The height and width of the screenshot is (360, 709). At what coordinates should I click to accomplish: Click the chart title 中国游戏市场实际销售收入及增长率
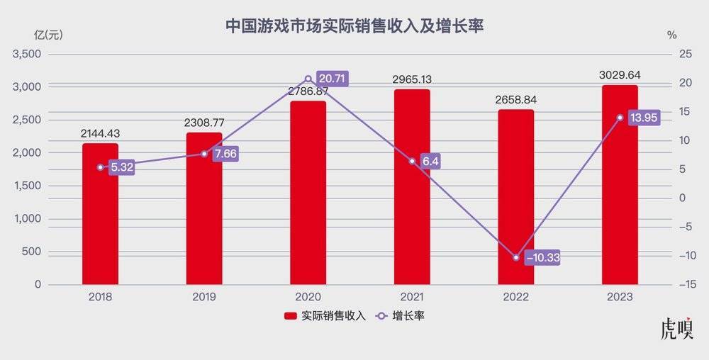pyautogui.click(x=354, y=26)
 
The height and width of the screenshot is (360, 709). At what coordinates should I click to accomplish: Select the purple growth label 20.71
pyautogui.click(x=332, y=79)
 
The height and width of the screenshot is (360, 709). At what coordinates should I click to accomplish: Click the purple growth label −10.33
pyautogui.click(x=542, y=258)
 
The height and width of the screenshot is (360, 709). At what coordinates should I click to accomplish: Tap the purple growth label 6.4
pyautogui.click(x=430, y=162)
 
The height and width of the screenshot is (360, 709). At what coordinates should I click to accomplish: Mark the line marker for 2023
pyautogui.click(x=620, y=118)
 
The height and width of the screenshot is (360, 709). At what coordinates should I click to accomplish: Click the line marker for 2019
pyautogui.click(x=204, y=154)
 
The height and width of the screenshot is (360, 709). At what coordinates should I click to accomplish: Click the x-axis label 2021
pyautogui.click(x=412, y=298)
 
